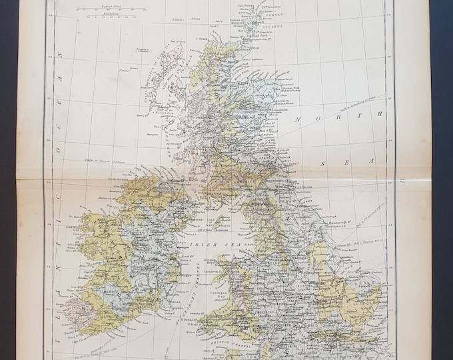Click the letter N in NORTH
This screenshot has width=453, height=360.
coord(300,120)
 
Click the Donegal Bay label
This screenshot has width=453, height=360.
coord(117,197)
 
